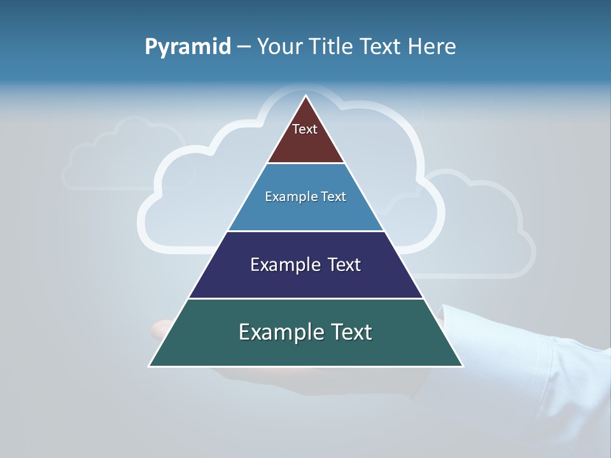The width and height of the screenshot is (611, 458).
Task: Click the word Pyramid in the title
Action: point(188,46)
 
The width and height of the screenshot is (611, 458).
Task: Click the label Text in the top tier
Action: point(305,129)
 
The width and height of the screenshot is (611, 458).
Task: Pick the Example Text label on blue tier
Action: point(305,197)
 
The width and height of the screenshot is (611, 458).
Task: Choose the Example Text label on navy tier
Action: point(305,265)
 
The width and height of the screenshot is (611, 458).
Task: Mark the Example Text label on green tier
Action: point(305,332)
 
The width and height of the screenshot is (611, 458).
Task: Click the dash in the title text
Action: point(244,47)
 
